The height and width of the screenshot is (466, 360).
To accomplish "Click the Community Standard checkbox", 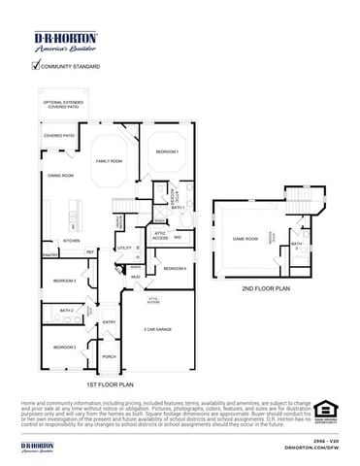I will pos(36,66).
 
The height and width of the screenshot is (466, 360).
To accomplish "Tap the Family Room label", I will pos(108,161).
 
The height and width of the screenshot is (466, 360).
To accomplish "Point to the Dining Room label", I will pos(61,175).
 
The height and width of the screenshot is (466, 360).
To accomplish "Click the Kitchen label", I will pos(72,240).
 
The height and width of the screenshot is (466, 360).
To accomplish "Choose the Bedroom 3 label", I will pos(65,281).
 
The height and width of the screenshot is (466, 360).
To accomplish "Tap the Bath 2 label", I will pos(67,311).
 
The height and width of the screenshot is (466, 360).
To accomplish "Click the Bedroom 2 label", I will pos(65,347).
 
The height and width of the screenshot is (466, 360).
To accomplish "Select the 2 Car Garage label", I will pos(158,331).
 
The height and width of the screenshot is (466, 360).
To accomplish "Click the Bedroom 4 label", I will pos(175,268).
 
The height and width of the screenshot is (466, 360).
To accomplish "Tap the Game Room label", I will pos(245,238).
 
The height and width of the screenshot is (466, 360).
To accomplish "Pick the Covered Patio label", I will pos(59,136).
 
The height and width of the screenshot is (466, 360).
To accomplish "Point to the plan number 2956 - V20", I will pos(325,440).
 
